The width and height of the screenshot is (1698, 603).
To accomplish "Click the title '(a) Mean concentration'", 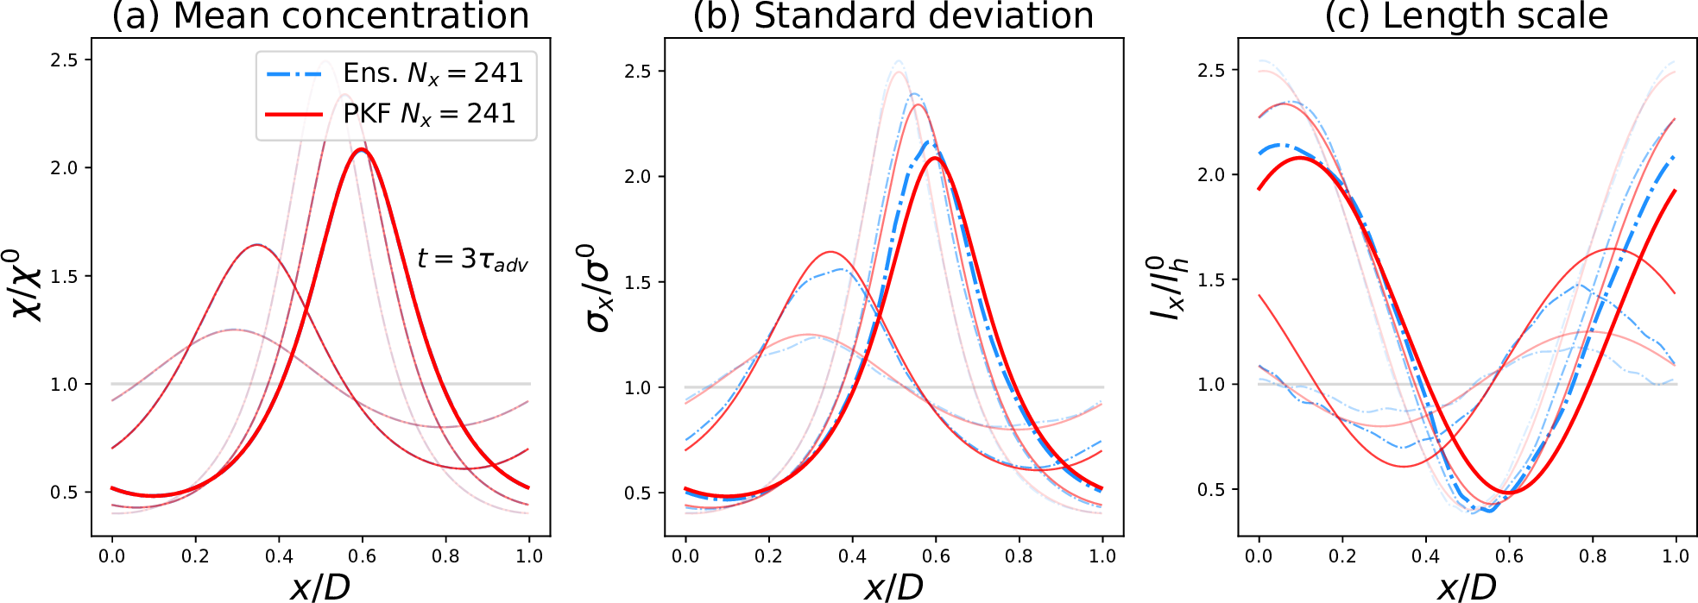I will pos(320,16).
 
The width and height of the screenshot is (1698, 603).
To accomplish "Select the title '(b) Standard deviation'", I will pos(893,16).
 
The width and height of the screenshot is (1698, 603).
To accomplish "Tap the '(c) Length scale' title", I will pos(1467,16).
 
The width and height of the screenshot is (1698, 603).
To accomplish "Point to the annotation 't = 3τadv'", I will pos(472,259).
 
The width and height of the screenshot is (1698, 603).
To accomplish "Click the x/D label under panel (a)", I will pos(320,587).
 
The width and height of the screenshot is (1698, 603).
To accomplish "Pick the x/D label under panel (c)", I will pos(1467,587).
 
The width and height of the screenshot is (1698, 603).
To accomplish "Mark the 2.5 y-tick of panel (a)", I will pos(64,60).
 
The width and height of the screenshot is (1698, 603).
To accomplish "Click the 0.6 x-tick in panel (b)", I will pos(936,556).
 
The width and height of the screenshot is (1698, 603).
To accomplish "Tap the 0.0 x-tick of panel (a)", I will pos(111,556).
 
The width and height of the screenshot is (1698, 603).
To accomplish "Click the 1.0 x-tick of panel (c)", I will pos(1676,556).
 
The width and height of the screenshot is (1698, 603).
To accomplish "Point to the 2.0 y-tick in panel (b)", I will pos(637,177).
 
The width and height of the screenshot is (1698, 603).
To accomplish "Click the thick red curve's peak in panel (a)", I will pos(362,149).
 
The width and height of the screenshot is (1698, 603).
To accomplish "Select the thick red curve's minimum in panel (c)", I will pos(1509,493).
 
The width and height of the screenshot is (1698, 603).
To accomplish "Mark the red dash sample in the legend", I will pos(294,114).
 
